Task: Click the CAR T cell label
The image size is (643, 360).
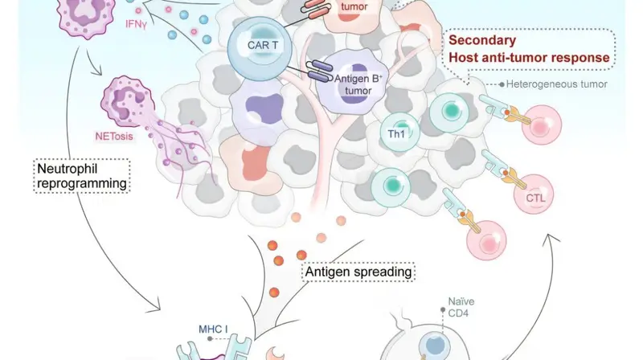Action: click(263, 45)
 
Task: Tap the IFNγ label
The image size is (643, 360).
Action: click(136, 24)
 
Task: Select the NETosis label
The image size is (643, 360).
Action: click(114, 136)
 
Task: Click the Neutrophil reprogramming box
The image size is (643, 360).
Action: click(82, 176)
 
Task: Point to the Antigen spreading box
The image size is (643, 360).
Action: click(358, 272)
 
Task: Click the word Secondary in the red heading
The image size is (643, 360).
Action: click(482, 40)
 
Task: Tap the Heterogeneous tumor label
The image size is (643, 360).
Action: click(556, 84)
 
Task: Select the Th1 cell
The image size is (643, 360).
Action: click(399, 133)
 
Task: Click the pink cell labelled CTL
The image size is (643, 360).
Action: click(534, 194)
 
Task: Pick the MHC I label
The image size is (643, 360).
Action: click(213, 329)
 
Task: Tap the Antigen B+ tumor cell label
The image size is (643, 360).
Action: click(358, 84)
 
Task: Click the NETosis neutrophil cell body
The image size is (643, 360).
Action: click(128, 101)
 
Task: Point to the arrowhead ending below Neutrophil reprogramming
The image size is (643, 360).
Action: click(156, 308)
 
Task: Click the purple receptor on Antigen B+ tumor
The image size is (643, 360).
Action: click(320, 71)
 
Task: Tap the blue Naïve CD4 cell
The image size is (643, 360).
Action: click(436, 345)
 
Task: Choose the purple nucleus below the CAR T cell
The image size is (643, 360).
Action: click(264, 108)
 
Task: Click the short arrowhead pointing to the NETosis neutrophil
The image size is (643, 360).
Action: click(97, 72)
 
